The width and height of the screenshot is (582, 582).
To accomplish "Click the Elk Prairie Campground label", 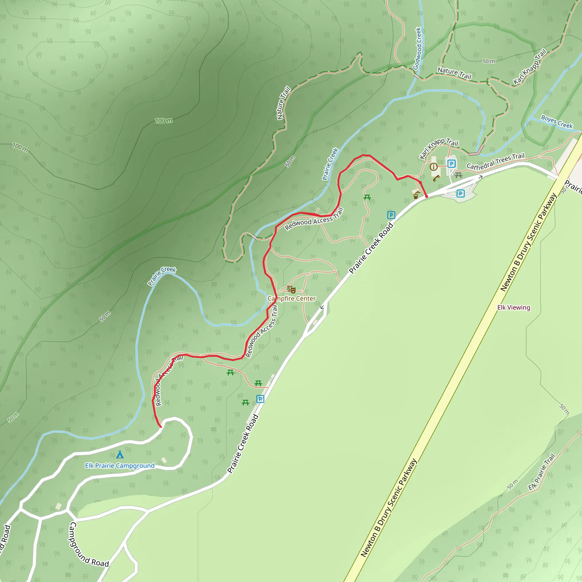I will (120, 466).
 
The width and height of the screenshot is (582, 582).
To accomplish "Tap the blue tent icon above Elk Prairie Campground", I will (120, 454).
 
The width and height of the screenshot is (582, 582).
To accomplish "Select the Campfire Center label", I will (292, 299).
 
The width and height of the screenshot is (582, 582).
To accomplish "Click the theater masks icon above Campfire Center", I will (291, 290).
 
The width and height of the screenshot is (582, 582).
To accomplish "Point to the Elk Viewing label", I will (514, 307).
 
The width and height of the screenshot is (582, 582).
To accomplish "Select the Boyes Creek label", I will (557, 122).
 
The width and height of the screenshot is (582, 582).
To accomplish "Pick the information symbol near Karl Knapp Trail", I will (433, 167).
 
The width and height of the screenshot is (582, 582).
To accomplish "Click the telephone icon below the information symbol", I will (436, 179).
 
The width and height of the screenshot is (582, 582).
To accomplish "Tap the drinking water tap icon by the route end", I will (416, 195).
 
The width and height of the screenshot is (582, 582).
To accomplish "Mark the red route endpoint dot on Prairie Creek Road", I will (427, 196).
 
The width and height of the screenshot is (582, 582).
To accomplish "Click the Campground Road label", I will (89, 545).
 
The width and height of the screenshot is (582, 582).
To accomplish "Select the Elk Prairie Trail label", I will (541, 472).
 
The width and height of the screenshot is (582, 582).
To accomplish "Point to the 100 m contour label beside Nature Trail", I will (164, 121).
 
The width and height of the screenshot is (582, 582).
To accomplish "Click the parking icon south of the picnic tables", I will (260, 399).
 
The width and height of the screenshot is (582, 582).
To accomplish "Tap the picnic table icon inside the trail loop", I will (367, 198).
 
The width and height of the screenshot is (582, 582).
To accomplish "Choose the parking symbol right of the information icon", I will (451, 164).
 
